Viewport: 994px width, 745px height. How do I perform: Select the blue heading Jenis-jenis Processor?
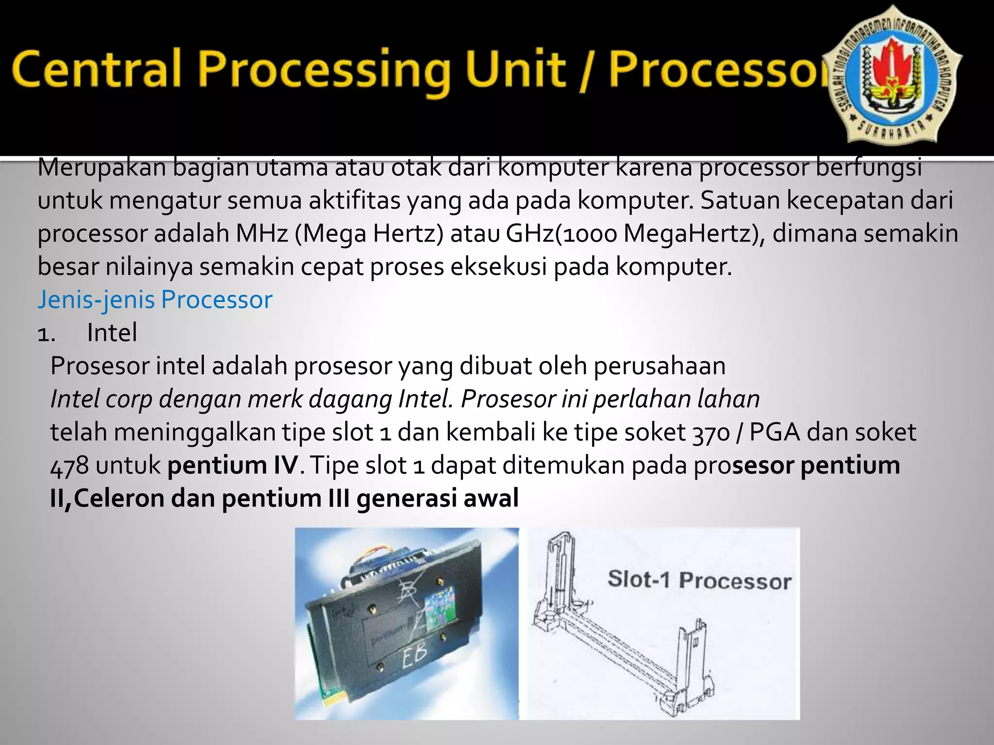155,300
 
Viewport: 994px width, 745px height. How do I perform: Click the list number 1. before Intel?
47,334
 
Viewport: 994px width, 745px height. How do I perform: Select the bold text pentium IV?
232,465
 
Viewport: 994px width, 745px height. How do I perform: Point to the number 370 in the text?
711,433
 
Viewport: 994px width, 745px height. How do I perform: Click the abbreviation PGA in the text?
775,433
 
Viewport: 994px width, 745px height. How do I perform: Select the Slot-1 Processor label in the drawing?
699,580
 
